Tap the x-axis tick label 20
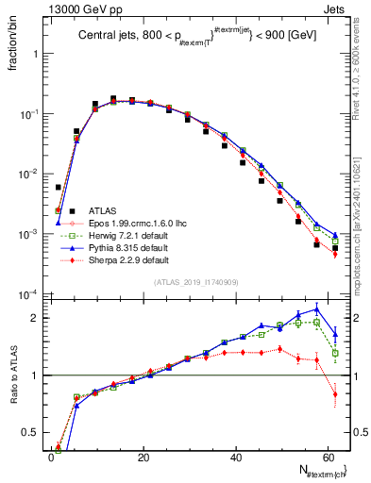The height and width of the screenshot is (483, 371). (x=143, y=458)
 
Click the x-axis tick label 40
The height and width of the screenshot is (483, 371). (x=236, y=458)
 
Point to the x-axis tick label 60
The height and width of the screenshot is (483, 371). (x=329, y=458)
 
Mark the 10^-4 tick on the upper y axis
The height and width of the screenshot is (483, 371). (x=31, y=294)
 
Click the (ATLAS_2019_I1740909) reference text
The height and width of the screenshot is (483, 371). (x=194, y=281)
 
